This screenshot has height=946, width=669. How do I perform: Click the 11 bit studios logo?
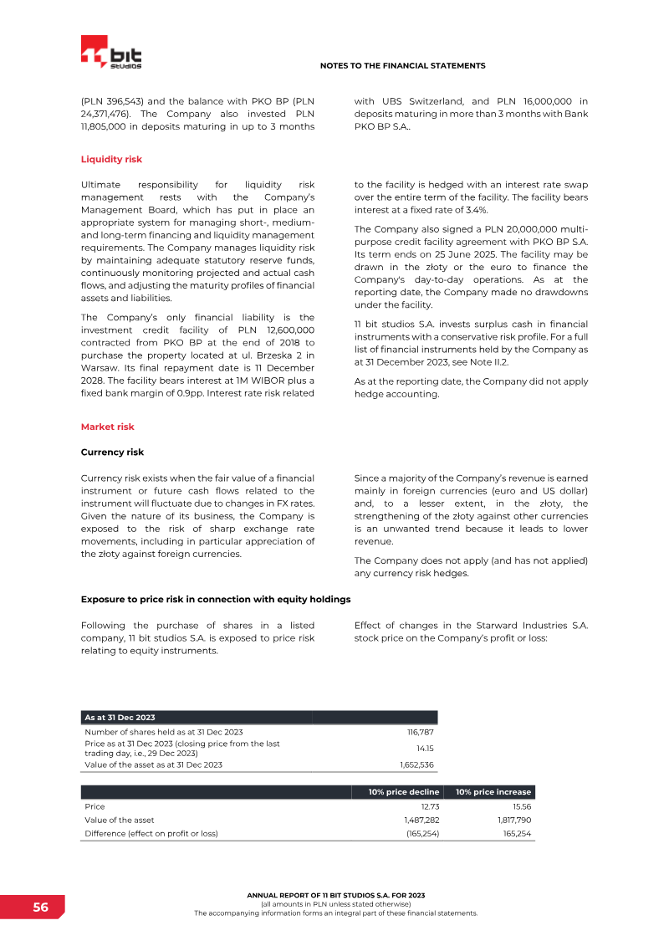pyautogui.click(x=111, y=54)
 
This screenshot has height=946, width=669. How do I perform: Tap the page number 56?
pyautogui.click(x=40, y=908)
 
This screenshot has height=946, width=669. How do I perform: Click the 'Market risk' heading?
pyautogui.click(x=107, y=427)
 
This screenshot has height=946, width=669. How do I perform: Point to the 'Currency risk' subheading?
pyautogui.click(x=112, y=452)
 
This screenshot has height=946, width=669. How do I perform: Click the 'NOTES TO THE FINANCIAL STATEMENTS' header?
pyautogui.click(x=402, y=65)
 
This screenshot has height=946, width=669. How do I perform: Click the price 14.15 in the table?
pyautogui.click(x=426, y=748)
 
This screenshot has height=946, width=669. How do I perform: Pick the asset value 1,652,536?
pyautogui.click(x=417, y=764)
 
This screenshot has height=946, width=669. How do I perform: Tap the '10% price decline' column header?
pyautogui.click(x=404, y=792)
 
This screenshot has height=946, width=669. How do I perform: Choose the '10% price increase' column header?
pyautogui.click(x=493, y=792)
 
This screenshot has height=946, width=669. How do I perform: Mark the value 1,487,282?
pyautogui.click(x=421, y=821)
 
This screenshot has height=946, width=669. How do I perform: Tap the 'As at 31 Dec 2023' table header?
pyautogui.click(x=120, y=718)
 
